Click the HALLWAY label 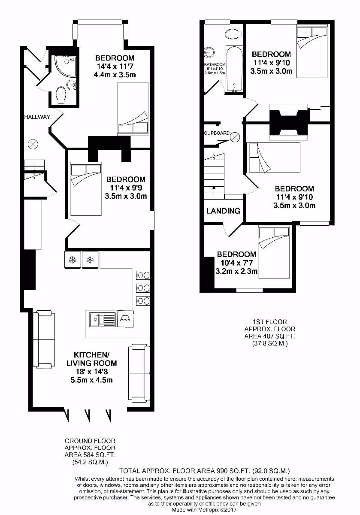[x=37, y=117]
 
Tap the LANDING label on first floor [x=223, y=211]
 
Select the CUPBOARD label [x=217, y=133]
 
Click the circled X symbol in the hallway [x=33, y=144]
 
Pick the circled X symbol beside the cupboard [x=235, y=137]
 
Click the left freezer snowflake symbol [x=73, y=260]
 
